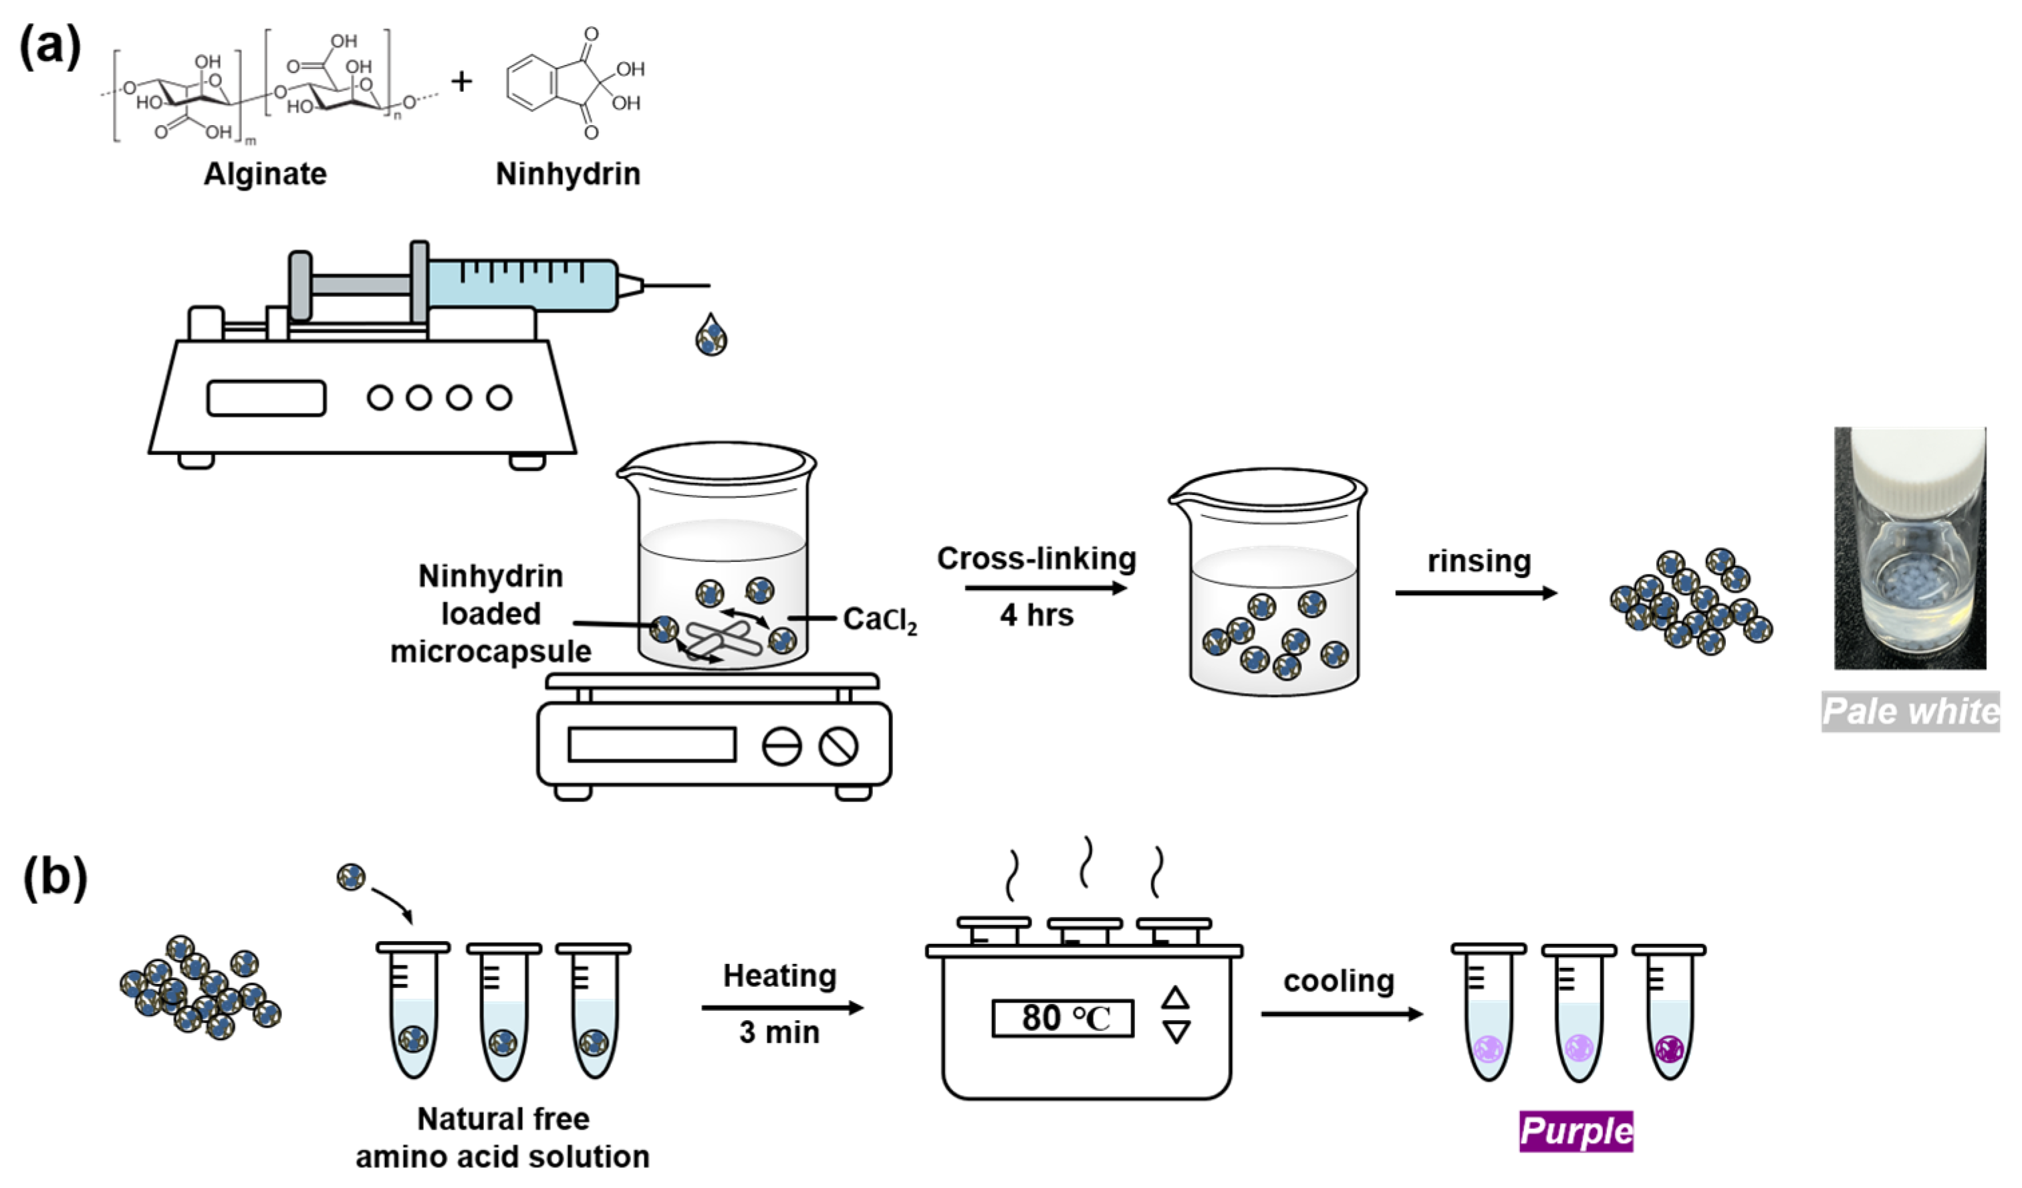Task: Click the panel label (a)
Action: [49, 47]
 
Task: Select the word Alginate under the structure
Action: [265, 173]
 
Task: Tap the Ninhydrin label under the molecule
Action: [567, 173]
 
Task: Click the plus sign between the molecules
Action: [461, 81]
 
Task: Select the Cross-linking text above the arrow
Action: [1036, 559]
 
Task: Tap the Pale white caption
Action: [1910, 711]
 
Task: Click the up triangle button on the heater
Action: [1176, 998]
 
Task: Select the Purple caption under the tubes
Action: [1576, 1131]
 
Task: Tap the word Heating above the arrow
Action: [779, 976]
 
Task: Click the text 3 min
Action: [779, 1032]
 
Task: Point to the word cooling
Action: [1338, 981]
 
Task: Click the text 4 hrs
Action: [1036, 615]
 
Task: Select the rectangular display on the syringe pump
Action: [267, 398]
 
